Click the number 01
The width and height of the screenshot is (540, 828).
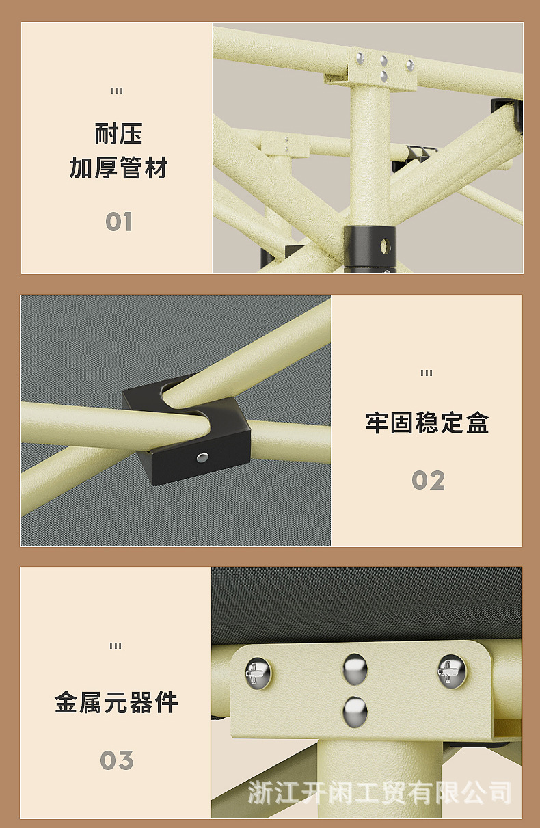(118, 222)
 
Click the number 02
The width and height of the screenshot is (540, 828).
(428, 481)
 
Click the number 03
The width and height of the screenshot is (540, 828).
(117, 760)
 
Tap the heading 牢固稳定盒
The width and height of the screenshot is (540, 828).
(427, 423)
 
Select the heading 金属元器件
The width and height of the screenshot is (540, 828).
(117, 702)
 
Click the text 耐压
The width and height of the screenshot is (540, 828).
(118, 134)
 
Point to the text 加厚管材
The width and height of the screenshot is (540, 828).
(118, 168)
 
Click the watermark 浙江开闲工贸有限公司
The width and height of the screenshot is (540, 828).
(379, 793)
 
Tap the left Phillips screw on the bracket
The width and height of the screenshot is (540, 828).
(258, 673)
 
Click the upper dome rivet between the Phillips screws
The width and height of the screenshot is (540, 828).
(355, 668)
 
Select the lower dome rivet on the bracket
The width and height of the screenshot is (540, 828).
(355, 711)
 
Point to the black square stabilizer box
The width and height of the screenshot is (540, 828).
(186, 429)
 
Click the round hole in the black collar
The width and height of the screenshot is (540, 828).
(385, 244)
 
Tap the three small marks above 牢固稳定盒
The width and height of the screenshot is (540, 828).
(427, 373)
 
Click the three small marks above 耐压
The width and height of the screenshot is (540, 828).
(117, 91)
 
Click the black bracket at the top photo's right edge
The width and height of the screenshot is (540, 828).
(507, 113)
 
